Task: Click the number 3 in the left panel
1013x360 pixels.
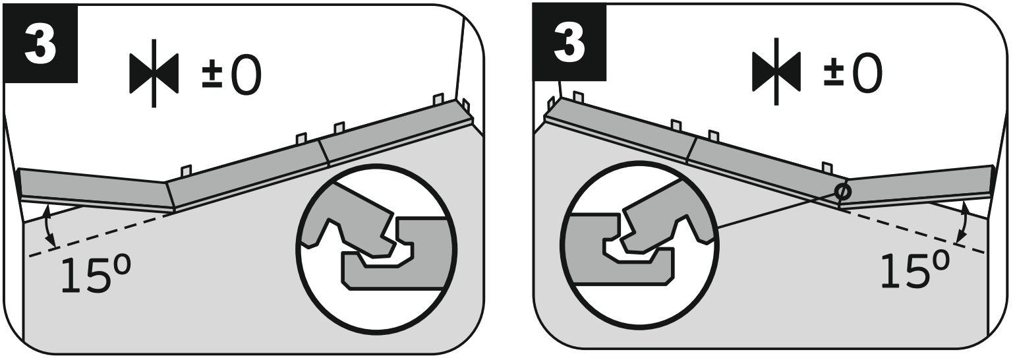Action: (x=41, y=44)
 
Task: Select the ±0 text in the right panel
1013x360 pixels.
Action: (x=853, y=73)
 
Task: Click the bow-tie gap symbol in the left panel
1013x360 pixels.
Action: (x=154, y=73)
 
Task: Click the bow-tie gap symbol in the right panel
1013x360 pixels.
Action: (x=776, y=71)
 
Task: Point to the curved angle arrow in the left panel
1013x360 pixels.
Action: (x=48, y=225)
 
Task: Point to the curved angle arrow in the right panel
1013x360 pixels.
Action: (x=964, y=221)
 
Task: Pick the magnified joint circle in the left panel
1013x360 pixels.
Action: (x=376, y=249)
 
